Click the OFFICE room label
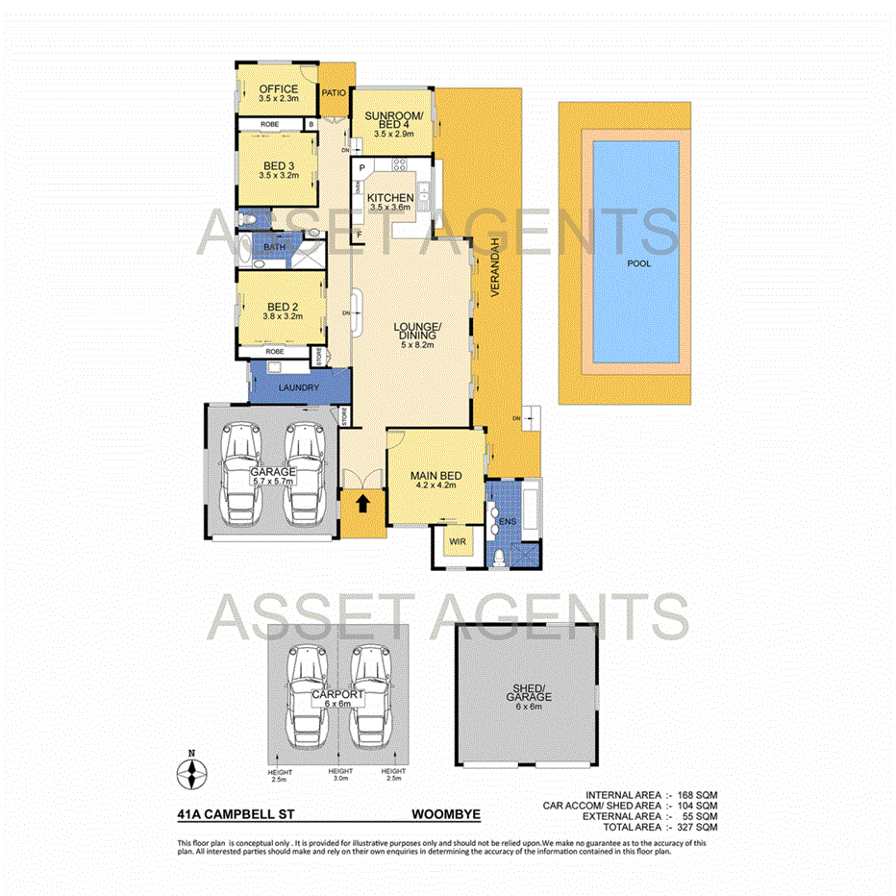(x=278, y=89)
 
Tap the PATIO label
(x=334, y=93)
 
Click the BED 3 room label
(x=278, y=164)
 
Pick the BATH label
(x=274, y=248)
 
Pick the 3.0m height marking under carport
(x=340, y=776)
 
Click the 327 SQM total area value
(x=697, y=827)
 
